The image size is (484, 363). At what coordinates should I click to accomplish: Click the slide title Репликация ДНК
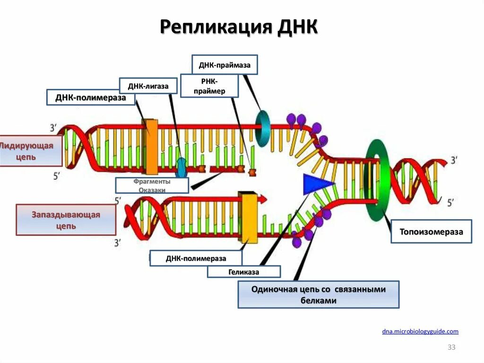239,27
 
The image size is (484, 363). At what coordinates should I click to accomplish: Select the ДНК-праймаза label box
225,65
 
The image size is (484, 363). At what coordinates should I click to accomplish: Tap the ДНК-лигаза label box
148,86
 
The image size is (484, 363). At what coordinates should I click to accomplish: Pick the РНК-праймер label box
209,86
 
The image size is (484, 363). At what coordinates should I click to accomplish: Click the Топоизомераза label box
431,231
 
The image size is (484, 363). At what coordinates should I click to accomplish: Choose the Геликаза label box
243,272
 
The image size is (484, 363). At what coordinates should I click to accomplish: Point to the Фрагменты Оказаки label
152,186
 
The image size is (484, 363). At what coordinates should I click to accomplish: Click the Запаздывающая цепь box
66,220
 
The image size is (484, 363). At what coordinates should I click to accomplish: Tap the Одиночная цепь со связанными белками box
318,294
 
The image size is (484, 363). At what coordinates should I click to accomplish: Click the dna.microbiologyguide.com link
420,332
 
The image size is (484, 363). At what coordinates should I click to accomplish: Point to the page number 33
451,348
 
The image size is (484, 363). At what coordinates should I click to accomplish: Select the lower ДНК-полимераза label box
196,258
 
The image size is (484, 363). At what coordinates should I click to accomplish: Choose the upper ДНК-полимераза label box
91,97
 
